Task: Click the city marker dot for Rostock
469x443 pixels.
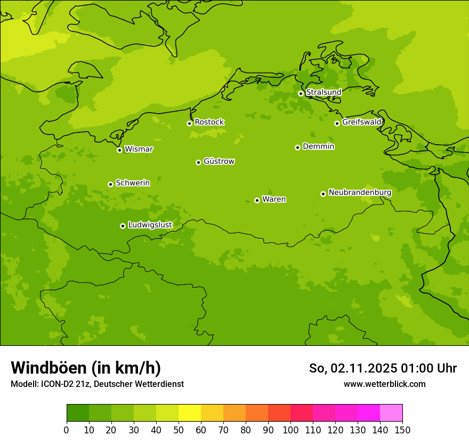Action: click(189, 123)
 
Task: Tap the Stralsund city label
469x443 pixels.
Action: click(324, 92)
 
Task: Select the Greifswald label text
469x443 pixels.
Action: click(362, 122)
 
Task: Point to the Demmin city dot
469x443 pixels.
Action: click(297, 147)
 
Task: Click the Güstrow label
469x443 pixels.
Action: click(219, 162)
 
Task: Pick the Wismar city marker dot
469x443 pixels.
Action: click(119, 150)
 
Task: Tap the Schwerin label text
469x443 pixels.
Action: click(133, 183)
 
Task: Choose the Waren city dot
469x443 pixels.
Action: click(257, 200)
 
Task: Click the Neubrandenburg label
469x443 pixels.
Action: click(360, 193)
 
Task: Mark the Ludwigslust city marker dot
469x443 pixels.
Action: click(123, 226)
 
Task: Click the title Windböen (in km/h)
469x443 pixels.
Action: click(86, 368)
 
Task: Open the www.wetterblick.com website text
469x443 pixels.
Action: click(384, 384)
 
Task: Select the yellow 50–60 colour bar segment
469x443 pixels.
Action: click(190, 413)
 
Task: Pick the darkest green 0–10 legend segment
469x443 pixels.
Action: click(78, 413)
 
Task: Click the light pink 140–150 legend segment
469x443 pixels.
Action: click(391, 413)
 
